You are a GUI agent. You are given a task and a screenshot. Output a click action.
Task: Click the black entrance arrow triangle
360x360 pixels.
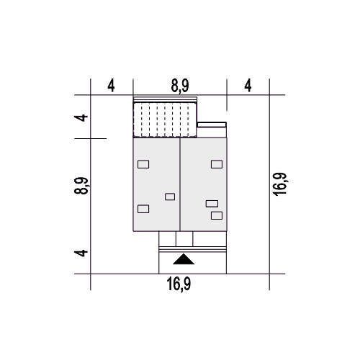pos(184,260)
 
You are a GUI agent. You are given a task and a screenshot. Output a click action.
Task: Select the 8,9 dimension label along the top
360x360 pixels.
pos(180,86)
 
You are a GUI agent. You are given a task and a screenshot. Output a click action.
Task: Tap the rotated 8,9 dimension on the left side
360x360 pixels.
pos(82,186)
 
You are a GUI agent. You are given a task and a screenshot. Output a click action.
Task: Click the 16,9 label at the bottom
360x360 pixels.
pos(179,284)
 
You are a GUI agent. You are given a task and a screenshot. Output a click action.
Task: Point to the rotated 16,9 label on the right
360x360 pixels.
pos(280,184)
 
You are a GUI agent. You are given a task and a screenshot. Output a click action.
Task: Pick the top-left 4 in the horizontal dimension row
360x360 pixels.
pos(111,86)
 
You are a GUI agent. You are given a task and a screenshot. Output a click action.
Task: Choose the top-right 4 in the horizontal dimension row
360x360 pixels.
pos(248,86)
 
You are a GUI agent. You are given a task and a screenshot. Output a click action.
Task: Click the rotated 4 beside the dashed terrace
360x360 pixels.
pos(81,118)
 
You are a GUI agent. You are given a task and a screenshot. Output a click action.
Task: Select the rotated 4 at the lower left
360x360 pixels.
pos(81,253)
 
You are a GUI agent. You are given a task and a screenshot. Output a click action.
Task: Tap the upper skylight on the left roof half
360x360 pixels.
pos(143,164)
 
